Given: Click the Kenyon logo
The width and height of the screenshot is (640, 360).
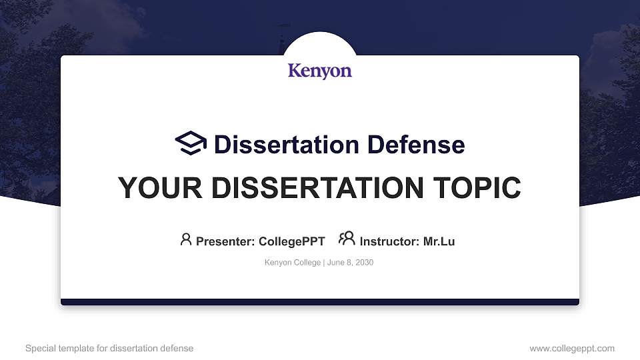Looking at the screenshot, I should pyautogui.click(x=320, y=71).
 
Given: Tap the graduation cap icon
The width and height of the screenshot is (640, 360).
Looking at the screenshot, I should pyautogui.click(x=191, y=143).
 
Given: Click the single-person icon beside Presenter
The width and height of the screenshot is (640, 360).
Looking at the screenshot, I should pyautogui.click(x=186, y=239).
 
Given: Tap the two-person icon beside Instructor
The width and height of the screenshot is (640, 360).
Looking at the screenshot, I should pyautogui.click(x=347, y=239).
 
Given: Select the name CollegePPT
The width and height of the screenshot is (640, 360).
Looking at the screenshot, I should pyautogui.click(x=291, y=241).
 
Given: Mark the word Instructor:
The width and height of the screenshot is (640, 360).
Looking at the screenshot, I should pyautogui.click(x=389, y=241).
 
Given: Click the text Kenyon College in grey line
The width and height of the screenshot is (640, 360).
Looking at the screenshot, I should pyautogui.click(x=293, y=263).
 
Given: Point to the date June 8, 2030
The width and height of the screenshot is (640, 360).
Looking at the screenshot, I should pyautogui.click(x=351, y=263).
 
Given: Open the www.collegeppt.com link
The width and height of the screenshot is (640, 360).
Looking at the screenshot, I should pyautogui.click(x=572, y=349).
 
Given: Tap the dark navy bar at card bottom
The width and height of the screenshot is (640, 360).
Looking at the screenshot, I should pyautogui.click(x=320, y=302).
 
